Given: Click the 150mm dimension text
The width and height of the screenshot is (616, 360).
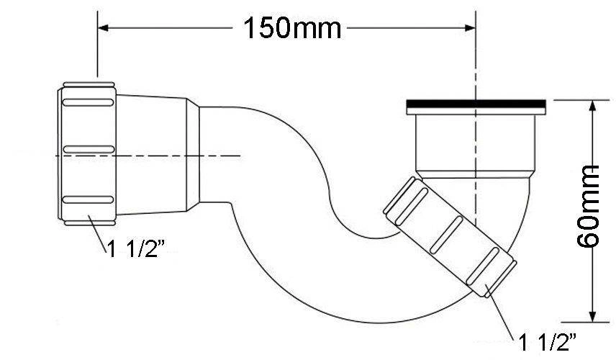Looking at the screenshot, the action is pos(292,28).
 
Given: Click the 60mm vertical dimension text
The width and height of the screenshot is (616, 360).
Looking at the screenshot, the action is pos(588,206).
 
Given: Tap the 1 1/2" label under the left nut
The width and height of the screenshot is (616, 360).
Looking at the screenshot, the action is pos(136,249).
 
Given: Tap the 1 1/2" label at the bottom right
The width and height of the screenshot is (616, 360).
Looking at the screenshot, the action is pos(548,342).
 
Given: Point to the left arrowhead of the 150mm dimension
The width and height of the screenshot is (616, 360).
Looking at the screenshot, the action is pos(103,27).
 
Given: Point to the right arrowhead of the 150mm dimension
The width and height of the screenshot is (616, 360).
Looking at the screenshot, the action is pos(470,27).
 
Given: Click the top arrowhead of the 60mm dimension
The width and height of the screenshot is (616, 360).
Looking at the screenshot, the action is pos(592,106).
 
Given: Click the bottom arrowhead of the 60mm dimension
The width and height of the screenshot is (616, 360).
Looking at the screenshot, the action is pos(592,316).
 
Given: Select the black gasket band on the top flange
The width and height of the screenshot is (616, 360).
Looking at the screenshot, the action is pos(476,104).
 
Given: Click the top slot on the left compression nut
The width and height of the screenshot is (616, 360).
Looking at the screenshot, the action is pos(89,102).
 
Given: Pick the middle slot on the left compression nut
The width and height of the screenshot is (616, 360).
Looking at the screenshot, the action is pos(89,149).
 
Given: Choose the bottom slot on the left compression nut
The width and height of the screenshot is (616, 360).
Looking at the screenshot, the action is pos(89,199).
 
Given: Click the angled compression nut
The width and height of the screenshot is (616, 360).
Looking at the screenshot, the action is pos(450,237).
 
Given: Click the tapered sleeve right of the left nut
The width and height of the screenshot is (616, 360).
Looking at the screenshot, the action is pos(151,155).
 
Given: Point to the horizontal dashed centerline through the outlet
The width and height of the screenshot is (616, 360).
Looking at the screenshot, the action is pos(148,156).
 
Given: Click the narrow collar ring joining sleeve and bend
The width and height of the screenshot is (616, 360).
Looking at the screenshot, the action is pos(193,155).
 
